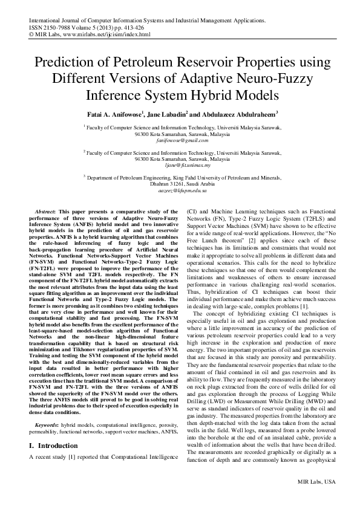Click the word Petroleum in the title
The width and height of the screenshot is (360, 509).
[139, 63]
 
